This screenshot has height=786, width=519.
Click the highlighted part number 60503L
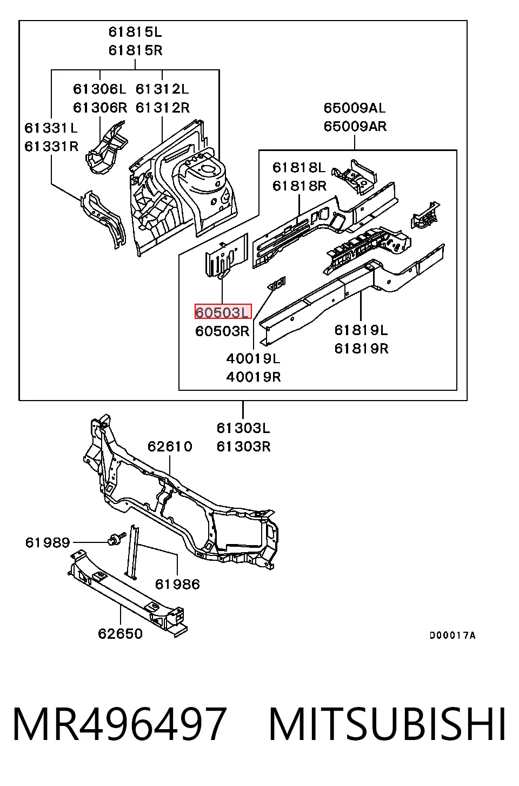tap(223, 312)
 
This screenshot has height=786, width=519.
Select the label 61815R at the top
tap(135, 50)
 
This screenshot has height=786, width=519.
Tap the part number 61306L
tap(99, 89)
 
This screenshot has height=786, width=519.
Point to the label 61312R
tap(163, 108)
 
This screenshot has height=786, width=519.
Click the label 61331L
tap(51, 128)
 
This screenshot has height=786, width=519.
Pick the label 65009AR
tap(355, 126)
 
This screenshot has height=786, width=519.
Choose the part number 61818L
tap(299, 168)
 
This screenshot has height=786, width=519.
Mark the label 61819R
tap(361, 349)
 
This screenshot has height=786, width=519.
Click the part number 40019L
tap(253, 358)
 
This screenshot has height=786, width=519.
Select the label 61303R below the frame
tap(244, 447)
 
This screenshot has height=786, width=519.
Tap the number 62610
tap(170, 447)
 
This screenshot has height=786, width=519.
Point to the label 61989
tap(48, 543)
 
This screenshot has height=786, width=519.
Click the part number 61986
tap(178, 584)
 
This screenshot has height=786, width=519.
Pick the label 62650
tap(120, 634)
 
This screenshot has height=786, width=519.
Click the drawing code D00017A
tap(453, 635)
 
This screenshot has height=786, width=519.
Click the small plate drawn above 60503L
tap(227, 256)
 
